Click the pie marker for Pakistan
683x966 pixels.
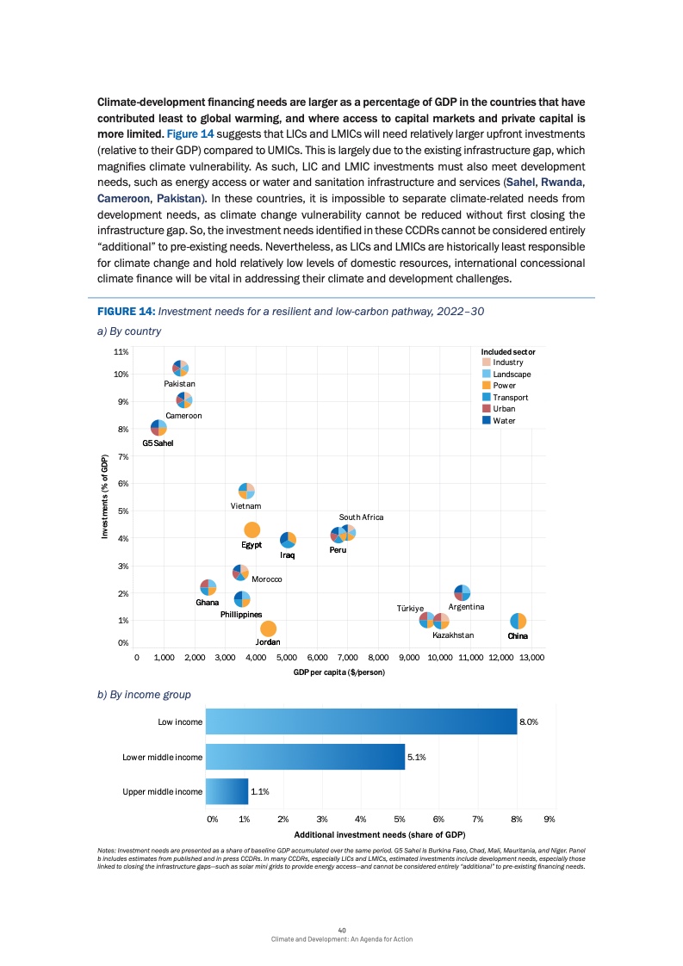coord(180,368)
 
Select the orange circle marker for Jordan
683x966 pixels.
coord(269,629)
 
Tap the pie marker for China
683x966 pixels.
coord(518,622)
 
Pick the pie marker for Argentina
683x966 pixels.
coord(463,593)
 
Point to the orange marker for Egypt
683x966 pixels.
coord(252,530)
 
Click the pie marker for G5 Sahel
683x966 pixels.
coord(158,428)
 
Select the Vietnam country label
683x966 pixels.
coord(245,506)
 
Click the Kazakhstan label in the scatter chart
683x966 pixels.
coord(453,635)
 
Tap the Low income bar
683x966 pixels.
coord(361,722)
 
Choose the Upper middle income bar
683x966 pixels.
coord(227,791)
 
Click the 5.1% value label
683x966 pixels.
coord(417,758)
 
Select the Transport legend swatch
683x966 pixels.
coord(486,397)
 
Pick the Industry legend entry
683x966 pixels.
coord(507,362)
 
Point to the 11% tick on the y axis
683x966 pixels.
coord(121,352)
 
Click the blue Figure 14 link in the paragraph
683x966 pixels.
coord(190,136)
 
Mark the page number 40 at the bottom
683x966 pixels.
coord(342,930)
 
